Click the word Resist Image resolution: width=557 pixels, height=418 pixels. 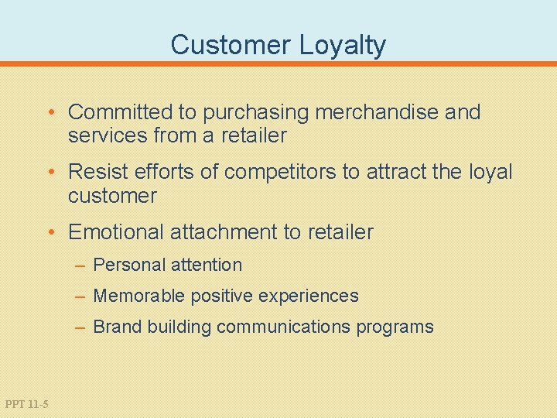pos(97,172)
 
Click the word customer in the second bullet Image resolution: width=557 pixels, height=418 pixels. pos(112,196)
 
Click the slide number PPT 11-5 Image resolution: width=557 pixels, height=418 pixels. pos(26,403)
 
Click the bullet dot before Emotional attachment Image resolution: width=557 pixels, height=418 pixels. pos(51,232)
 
